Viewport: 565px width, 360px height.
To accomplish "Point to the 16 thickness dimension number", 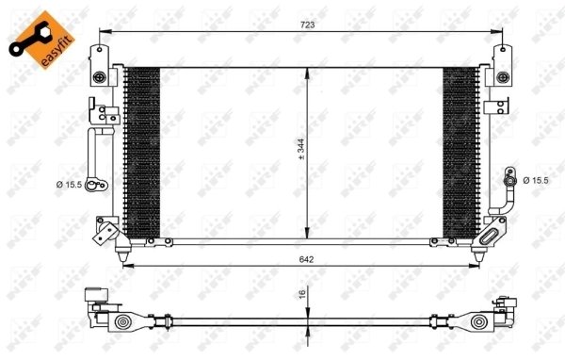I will tap(302, 295).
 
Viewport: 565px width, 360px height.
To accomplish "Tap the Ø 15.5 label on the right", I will tap(535, 180).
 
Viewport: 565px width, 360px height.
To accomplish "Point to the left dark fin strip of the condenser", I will tap(141, 151).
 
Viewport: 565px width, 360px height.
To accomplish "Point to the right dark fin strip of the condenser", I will tap(460, 151).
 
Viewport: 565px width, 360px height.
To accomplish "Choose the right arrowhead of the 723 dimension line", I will tap(498, 31).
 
